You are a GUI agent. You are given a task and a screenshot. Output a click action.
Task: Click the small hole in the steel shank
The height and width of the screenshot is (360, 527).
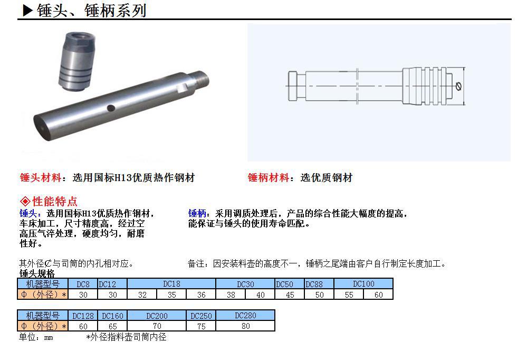point(111,108)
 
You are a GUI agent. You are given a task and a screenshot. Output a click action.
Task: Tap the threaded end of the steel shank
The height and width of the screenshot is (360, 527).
point(199,80)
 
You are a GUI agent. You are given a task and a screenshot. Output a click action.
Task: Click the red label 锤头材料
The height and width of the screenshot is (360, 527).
point(41,178)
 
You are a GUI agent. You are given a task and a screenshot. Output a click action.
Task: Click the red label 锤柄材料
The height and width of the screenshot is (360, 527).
point(269,178)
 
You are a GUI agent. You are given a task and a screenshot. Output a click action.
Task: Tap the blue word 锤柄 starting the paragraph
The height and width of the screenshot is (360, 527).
point(197,214)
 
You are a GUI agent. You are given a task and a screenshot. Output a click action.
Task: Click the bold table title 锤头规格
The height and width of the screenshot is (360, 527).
point(37,274)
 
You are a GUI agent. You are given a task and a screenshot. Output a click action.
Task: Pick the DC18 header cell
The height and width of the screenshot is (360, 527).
point(171,284)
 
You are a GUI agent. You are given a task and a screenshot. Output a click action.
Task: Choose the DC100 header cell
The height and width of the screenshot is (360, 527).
point(363,284)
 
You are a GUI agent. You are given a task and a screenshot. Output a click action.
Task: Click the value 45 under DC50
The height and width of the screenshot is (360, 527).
point(290,295)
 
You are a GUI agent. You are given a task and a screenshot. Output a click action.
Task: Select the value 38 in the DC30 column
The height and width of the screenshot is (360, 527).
point(231,295)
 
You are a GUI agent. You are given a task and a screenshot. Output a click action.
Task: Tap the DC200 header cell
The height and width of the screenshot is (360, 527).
point(157,316)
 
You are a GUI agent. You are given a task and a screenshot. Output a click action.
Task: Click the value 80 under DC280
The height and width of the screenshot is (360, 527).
point(245,326)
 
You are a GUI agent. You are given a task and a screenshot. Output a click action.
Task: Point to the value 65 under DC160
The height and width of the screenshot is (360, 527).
point(112,326)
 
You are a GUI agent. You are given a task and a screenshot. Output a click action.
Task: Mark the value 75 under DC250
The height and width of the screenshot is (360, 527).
point(201,326)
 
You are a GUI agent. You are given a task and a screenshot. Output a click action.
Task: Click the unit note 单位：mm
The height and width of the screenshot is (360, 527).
point(36,337)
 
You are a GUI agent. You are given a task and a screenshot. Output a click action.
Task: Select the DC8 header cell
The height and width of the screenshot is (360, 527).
point(83,284)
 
